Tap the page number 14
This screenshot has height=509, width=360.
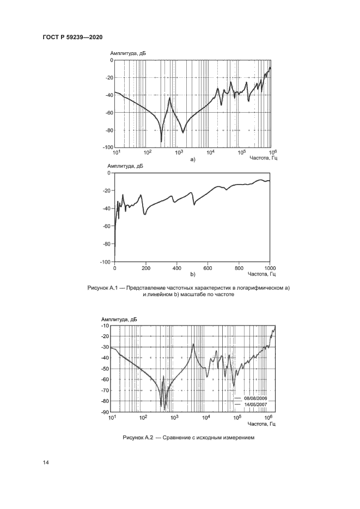46,462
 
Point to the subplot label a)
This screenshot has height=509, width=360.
192,160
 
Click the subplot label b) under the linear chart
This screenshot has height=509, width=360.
192,275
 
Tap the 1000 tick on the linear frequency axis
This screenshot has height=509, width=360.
270,268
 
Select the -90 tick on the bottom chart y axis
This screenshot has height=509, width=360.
105,412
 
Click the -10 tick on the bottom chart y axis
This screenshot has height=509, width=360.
105,326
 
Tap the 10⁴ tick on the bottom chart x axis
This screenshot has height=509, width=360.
206,418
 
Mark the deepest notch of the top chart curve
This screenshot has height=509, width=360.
161,142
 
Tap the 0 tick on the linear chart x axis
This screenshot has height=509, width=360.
114,268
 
